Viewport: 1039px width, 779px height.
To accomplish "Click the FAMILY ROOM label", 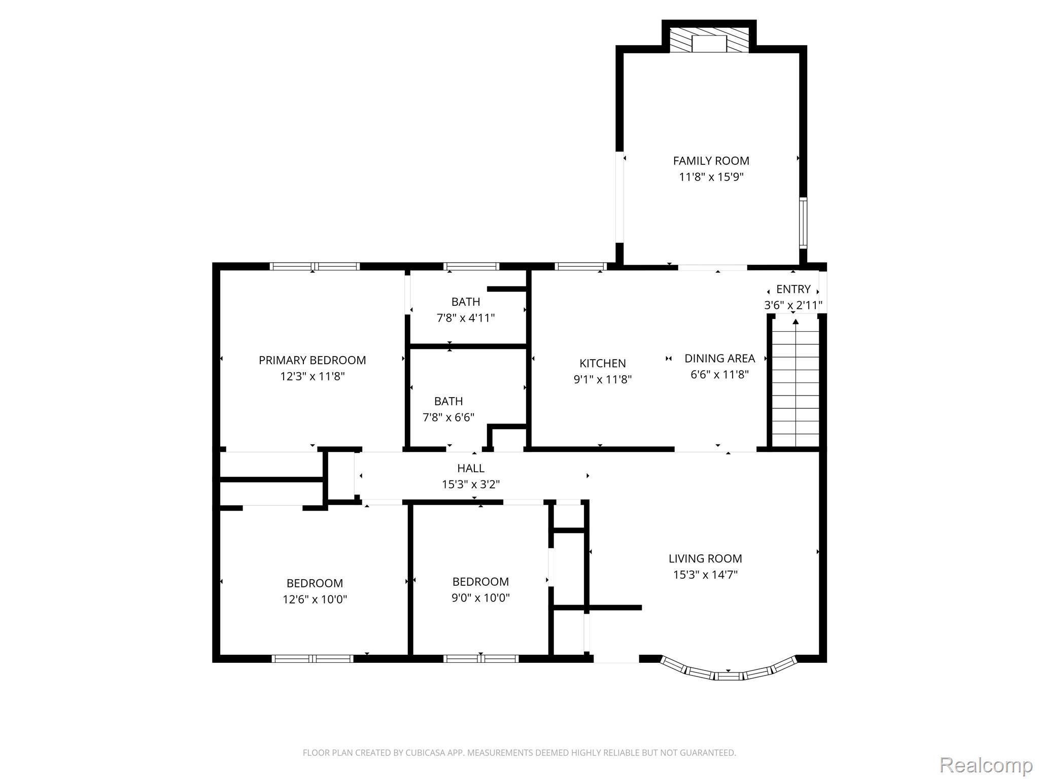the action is click(711, 161).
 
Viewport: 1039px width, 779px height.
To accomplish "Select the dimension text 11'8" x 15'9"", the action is click(711, 177).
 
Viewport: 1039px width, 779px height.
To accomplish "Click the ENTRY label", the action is click(793, 289).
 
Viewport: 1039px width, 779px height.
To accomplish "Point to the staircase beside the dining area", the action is click(795, 381).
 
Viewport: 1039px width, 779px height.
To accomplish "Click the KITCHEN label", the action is click(603, 363).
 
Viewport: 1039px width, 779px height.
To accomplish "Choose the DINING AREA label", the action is click(719, 358).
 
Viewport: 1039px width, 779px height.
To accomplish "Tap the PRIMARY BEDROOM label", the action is click(312, 360).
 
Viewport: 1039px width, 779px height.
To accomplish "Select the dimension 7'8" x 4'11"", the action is click(466, 318).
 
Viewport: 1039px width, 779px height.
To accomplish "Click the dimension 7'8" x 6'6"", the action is click(448, 417).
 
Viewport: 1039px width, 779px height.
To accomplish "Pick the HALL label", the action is click(471, 468).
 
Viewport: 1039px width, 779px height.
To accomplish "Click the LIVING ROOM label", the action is click(705, 558).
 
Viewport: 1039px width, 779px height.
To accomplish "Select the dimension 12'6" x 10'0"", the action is click(315, 599).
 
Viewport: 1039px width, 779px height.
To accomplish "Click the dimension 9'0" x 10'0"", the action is click(480, 598).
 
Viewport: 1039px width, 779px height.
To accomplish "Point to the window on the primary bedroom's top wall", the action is click(315, 266).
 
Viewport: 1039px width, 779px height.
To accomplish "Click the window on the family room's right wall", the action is click(803, 223).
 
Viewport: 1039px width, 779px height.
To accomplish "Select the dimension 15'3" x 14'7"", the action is click(705, 575).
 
